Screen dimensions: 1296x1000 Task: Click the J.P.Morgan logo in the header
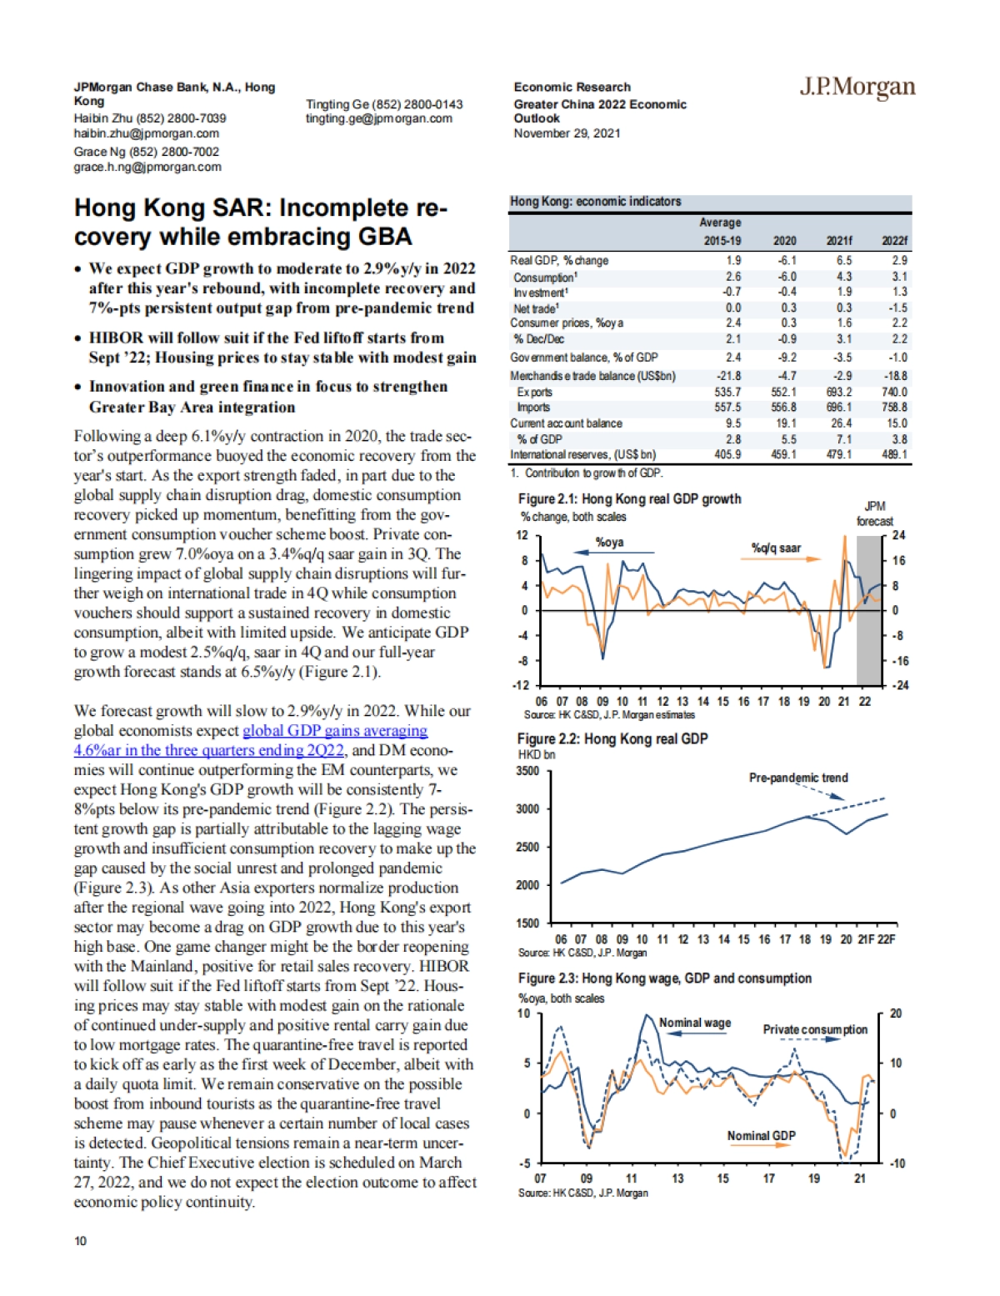pos(857,87)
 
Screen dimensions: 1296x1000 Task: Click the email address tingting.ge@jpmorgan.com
pos(379,118)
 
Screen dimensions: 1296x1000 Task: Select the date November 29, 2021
pos(567,133)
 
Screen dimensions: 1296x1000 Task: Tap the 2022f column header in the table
pos(894,241)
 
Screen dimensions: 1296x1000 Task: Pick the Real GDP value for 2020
pos(787,261)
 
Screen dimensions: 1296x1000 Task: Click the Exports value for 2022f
pos(894,392)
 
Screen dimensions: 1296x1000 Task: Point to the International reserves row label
pos(583,455)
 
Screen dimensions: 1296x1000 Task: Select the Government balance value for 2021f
pos(843,358)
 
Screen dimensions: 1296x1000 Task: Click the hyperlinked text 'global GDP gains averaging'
pos(335,731)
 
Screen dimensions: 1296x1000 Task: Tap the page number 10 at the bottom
pos(80,1241)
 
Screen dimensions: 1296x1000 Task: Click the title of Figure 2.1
pos(629,499)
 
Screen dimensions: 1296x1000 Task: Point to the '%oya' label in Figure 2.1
pos(609,543)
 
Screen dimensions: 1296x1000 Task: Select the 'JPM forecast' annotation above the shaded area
pos(874,513)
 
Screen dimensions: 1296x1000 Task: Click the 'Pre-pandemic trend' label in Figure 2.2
pos(798,778)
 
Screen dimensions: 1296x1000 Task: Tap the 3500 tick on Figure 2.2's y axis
pos(527,771)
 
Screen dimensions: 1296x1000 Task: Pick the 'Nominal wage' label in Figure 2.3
pos(695,1023)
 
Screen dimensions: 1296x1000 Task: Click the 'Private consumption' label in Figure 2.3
pos(815,1029)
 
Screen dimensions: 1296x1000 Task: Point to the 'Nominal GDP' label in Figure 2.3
pos(761,1136)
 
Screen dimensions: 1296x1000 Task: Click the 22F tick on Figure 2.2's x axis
pos(887,939)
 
